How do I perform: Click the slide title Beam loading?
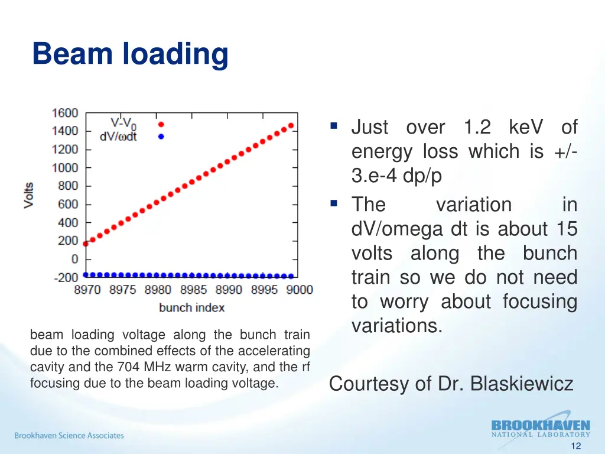[x=130, y=54]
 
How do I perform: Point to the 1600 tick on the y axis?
[x=64, y=112]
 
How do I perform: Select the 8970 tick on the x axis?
[x=87, y=290]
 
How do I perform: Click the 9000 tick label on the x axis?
[x=300, y=290]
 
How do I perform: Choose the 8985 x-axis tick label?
[x=193, y=290]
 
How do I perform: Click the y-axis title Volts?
[x=28, y=194]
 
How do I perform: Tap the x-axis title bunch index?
[x=191, y=307]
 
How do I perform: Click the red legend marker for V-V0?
[x=161, y=124]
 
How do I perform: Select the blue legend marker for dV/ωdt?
[x=161, y=137]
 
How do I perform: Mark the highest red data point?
[x=291, y=125]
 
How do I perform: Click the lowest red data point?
[x=86, y=243]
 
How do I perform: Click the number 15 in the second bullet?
[x=565, y=229]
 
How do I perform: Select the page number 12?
[x=577, y=446]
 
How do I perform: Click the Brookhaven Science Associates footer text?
[x=69, y=436]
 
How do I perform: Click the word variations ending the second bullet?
[x=396, y=326]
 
